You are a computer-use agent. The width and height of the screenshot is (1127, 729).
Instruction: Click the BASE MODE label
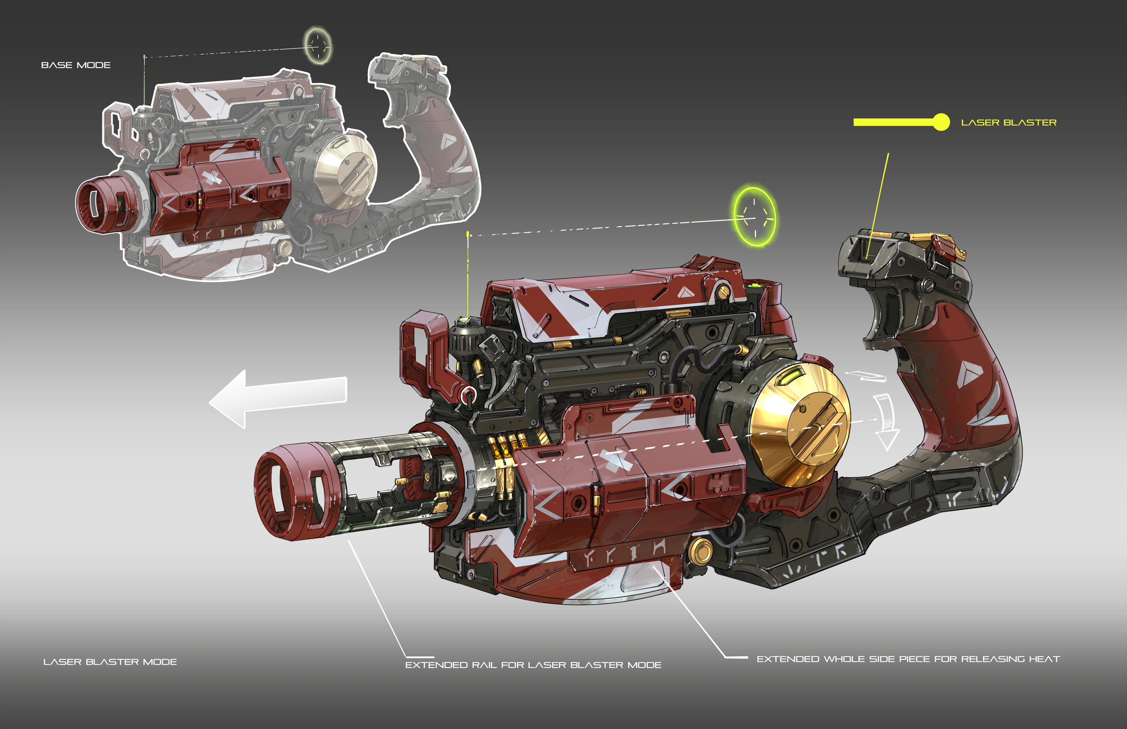[x=76, y=65]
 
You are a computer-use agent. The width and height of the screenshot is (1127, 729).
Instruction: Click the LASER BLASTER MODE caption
[x=110, y=662]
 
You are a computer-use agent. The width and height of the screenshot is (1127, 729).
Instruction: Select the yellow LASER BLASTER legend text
[x=1009, y=123]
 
